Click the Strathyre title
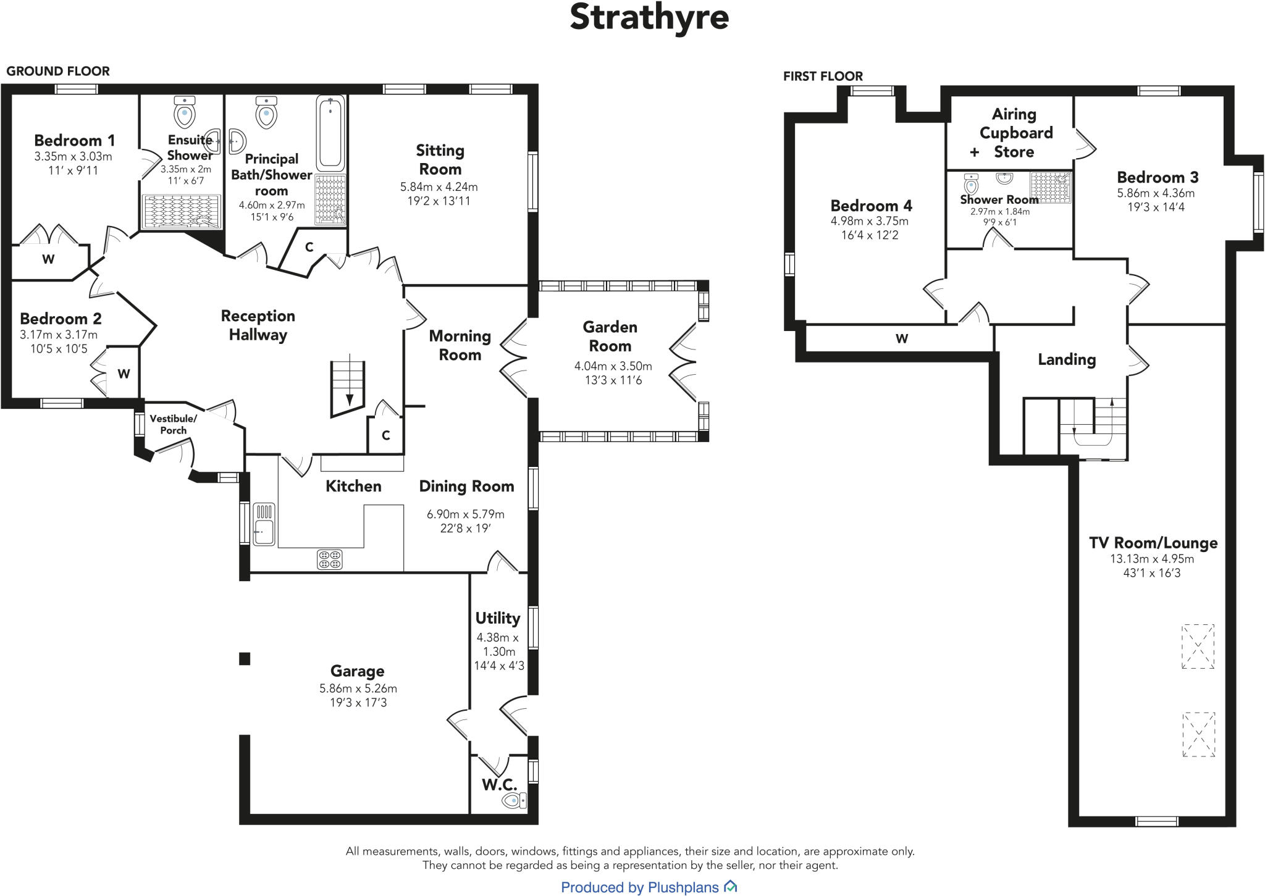coord(649,17)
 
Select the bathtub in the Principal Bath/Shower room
coord(330,133)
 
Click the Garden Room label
coord(610,337)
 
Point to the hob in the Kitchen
coord(329,559)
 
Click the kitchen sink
coord(264,524)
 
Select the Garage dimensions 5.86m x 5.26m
coord(358,688)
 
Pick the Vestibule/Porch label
coord(173,424)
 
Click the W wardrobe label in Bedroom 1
coord(48,259)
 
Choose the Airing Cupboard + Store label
coord(1014,133)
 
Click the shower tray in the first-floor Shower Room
coord(1051,187)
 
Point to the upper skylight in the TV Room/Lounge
coord(1198,647)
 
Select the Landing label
coord(1067,359)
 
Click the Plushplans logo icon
coord(731,887)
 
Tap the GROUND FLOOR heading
coord(58,71)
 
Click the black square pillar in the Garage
coord(245,659)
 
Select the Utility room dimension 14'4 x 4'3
coord(498,666)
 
